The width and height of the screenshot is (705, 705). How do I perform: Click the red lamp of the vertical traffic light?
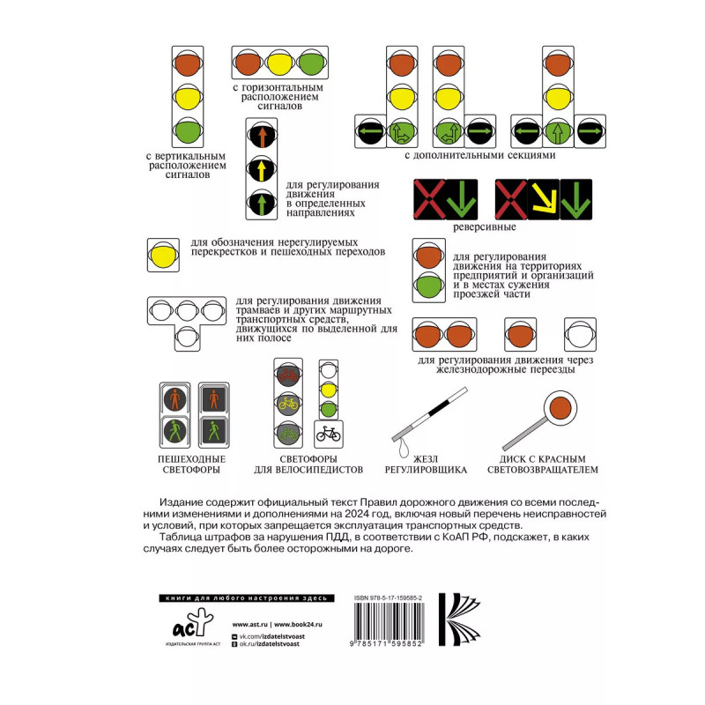[x=186, y=63]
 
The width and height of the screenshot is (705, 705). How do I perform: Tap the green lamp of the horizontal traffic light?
[x=310, y=63]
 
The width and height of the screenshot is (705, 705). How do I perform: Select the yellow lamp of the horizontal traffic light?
[x=279, y=63]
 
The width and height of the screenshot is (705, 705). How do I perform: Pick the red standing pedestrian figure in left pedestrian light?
[x=174, y=399]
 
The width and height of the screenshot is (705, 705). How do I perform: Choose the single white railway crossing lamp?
[x=579, y=336]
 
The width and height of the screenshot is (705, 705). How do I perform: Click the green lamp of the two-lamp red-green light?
[x=428, y=286]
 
